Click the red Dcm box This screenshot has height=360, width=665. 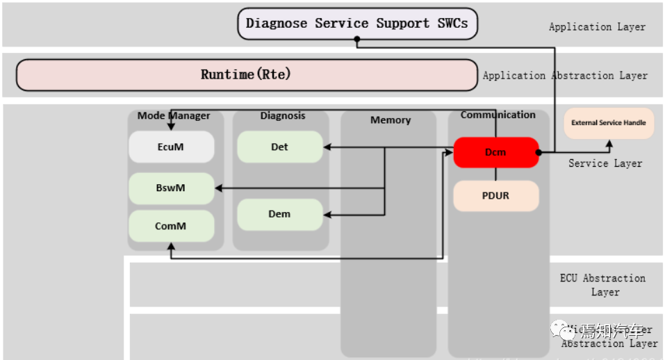point(495,152)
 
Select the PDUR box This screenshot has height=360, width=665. point(495,196)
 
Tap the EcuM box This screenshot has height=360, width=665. point(170,147)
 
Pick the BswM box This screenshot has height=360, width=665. point(170,188)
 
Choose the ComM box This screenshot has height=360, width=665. point(170,227)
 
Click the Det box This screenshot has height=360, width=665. point(279,147)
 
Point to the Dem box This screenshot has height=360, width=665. point(279,214)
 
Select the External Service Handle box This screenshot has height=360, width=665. point(608,123)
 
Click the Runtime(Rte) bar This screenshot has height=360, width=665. point(246,74)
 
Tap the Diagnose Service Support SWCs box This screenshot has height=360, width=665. point(357,24)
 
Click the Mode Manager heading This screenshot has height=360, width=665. point(174,115)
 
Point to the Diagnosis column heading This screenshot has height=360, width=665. point(283,115)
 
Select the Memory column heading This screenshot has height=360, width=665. point(391,120)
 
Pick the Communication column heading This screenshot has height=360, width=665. point(498,115)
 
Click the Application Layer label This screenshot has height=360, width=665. point(597,27)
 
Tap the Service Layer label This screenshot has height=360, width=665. point(605,163)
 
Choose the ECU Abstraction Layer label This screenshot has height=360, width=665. point(602,285)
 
